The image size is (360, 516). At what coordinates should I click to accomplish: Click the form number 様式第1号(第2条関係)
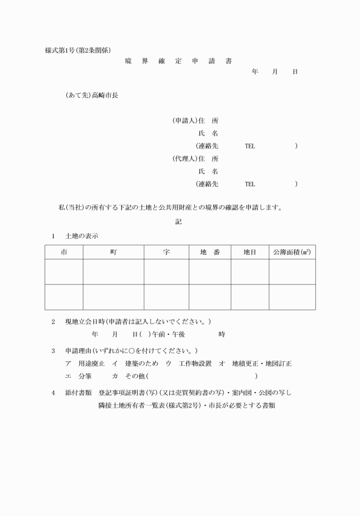82,50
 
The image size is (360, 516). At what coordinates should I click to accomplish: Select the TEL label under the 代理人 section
250,184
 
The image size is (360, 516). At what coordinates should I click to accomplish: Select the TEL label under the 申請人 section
250,146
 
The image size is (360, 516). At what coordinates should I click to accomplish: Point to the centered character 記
179,221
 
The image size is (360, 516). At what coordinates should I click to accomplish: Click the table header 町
113,252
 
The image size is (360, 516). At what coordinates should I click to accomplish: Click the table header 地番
210,252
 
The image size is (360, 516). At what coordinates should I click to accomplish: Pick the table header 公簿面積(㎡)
292,252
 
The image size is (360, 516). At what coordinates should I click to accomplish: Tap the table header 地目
250,252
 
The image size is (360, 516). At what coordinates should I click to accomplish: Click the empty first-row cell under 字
166,271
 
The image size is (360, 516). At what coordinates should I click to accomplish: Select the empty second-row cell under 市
64,297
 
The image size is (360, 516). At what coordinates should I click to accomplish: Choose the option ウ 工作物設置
189,363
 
